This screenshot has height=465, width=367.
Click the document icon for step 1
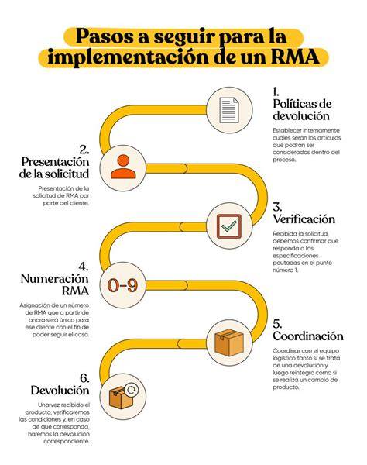(x=229, y=110)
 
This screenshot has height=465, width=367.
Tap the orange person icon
(x=123, y=167)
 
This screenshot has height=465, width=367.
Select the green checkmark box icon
(x=229, y=226)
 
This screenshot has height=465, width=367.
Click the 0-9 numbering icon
(x=122, y=285)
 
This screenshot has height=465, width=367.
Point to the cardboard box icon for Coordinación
(x=229, y=343)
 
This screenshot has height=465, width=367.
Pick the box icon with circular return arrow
(x=124, y=396)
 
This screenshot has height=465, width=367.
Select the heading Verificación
(x=304, y=219)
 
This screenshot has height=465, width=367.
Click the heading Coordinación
(x=308, y=336)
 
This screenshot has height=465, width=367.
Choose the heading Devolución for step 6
(x=60, y=391)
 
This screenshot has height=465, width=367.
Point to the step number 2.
(x=84, y=150)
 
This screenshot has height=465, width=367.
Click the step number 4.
(x=84, y=267)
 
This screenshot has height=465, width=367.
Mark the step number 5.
(x=277, y=323)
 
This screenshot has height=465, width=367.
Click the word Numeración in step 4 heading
(x=55, y=279)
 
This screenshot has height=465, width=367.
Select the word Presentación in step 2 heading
(x=56, y=162)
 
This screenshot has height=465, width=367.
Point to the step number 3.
(x=277, y=207)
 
